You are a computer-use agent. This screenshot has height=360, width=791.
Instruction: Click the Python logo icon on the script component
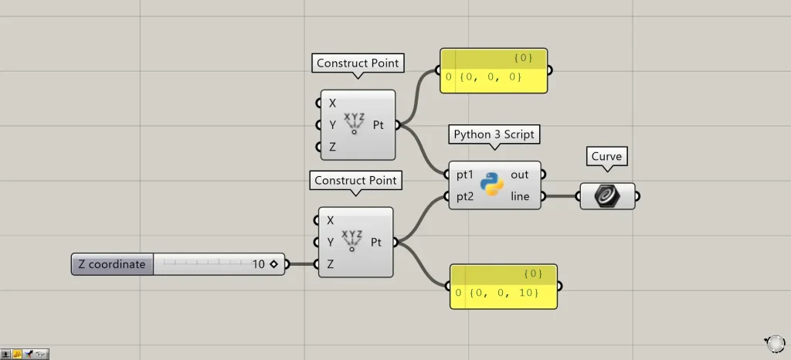[491, 185]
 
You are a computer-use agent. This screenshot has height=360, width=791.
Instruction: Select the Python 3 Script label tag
[494, 134]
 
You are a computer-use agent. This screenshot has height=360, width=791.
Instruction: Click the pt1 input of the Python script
[465, 175]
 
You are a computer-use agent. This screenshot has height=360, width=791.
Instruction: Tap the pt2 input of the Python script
[465, 196]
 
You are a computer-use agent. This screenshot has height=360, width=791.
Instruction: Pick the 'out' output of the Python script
[520, 175]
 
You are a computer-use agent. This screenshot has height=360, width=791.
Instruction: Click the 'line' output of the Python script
[520, 196]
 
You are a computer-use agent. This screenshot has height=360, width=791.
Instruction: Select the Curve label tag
[606, 157]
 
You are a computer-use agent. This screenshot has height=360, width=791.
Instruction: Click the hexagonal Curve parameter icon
[606, 196]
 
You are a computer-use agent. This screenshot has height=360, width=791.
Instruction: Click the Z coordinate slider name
[111, 264]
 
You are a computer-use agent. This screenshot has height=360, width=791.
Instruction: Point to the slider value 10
[259, 264]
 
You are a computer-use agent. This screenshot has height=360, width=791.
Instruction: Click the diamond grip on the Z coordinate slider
[273, 264]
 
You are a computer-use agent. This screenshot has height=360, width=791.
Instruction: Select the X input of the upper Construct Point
[333, 103]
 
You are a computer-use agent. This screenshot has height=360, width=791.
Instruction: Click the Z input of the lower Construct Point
[331, 264]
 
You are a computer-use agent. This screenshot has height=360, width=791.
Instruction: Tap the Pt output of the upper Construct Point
[379, 124]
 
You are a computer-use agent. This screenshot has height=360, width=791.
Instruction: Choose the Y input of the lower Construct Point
[331, 242]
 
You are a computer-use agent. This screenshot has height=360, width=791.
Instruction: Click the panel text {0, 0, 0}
[491, 77]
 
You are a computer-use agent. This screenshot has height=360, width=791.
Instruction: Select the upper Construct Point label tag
[358, 63]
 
